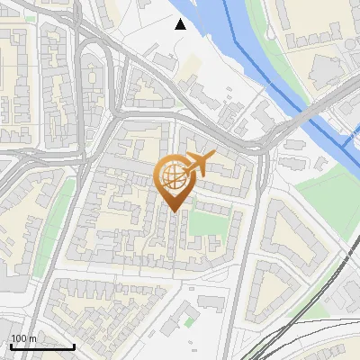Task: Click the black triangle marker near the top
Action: pos(181,24)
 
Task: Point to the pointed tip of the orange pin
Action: pos(172,211)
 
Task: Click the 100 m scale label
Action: pos(23,338)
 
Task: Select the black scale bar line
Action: pos(42,346)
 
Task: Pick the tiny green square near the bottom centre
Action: pos(189,319)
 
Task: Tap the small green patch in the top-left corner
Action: pos(31,17)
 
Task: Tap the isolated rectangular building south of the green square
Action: pos(213,301)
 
